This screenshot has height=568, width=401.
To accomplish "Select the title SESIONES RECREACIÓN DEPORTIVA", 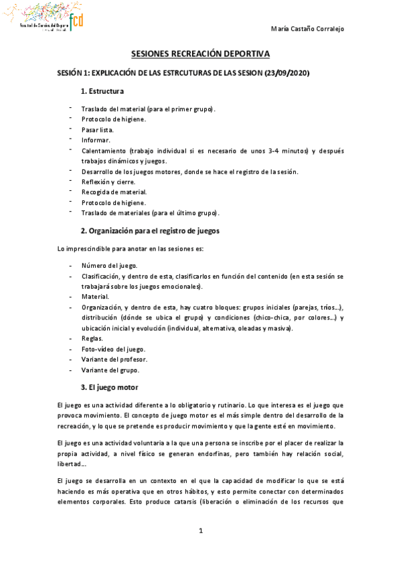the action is point(201,58).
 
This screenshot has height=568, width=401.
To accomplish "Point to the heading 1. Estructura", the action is point(101,91).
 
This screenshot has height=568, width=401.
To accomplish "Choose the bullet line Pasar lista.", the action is point(98,130).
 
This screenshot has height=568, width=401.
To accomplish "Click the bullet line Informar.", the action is point(96,140).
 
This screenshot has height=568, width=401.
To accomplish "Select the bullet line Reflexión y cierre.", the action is point(108,182).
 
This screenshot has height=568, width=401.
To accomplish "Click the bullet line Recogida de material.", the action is point(109,192).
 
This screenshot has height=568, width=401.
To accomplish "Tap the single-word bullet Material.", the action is point(95,297).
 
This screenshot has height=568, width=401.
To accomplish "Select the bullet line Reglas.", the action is point(92,339).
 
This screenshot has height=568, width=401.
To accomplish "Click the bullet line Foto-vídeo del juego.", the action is point(113,350).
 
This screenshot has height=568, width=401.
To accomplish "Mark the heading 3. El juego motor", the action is point(108,388).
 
